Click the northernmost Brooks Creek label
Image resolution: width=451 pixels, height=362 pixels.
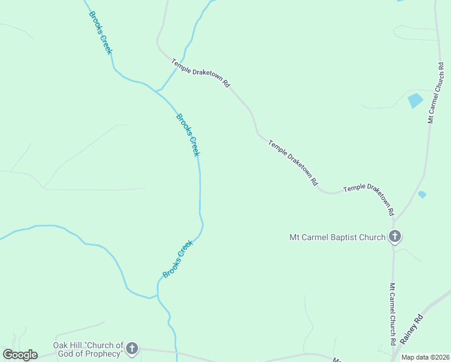click(x=101, y=33)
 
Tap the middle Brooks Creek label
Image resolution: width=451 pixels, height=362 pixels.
click(x=188, y=135)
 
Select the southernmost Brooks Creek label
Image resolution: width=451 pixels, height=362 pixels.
click(x=177, y=259)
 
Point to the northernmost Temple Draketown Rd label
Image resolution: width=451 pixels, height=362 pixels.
click(x=201, y=74)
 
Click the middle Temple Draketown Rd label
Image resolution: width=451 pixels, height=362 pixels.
click(x=294, y=163)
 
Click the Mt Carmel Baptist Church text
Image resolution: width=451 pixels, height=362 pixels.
click(x=337, y=237)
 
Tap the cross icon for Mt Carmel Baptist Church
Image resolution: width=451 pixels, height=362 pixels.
click(x=395, y=237)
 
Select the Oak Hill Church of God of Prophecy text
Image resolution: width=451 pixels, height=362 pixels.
click(x=88, y=349)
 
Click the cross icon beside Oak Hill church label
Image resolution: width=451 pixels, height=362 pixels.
click(x=132, y=349)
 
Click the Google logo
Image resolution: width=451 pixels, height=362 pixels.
click(x=20, y=355)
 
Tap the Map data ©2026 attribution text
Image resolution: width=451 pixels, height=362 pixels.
click(x=425, y=357)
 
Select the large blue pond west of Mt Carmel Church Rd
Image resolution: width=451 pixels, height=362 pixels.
click(x=415, y=100)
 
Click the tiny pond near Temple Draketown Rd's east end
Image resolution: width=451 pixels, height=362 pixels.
click(x=422, y=194)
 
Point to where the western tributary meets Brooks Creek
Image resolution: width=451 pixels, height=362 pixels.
click(x=157, y=296)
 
